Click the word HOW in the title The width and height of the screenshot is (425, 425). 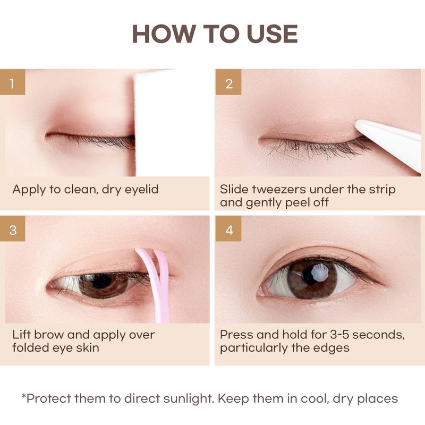pos(164,34)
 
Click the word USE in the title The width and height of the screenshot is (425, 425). pos(272,34)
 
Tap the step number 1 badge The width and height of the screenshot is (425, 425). pos(12,82)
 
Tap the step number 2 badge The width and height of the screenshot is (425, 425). pos(228,82)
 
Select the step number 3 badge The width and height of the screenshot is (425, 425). pos(12,228)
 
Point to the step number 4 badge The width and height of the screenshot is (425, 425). pos(228,228)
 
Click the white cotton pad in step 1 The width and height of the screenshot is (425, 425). pos(171,122)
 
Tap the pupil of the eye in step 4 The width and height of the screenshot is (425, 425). pos(309,276)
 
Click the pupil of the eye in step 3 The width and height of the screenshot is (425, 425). pos(101,282)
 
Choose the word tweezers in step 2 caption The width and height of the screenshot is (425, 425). pos(279,189)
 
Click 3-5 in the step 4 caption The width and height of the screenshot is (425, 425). pos(339,335)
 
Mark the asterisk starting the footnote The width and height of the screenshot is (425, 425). pos(24,396)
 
